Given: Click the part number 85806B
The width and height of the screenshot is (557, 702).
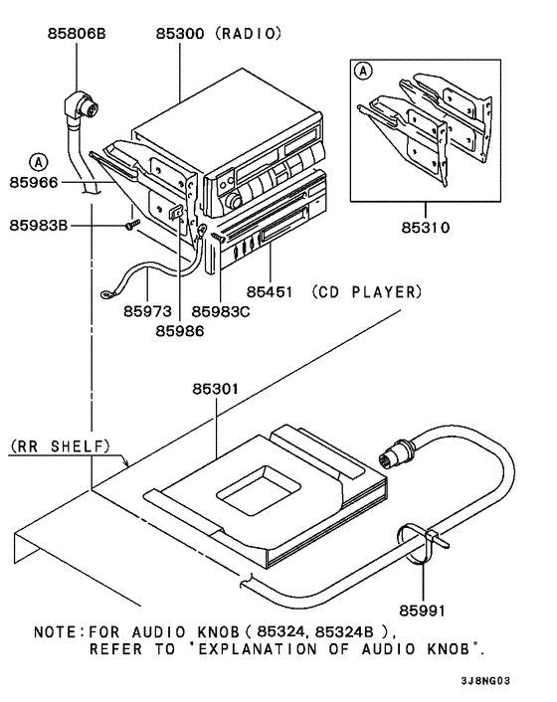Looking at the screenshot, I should (77, 34).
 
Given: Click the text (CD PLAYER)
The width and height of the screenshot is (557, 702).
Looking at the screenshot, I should (365, 292).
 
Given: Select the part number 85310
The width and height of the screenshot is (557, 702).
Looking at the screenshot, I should (426, 227).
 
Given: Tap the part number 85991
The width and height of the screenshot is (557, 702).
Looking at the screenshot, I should (425, 606).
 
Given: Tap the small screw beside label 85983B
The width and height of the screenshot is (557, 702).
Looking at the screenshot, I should (130, 226).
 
